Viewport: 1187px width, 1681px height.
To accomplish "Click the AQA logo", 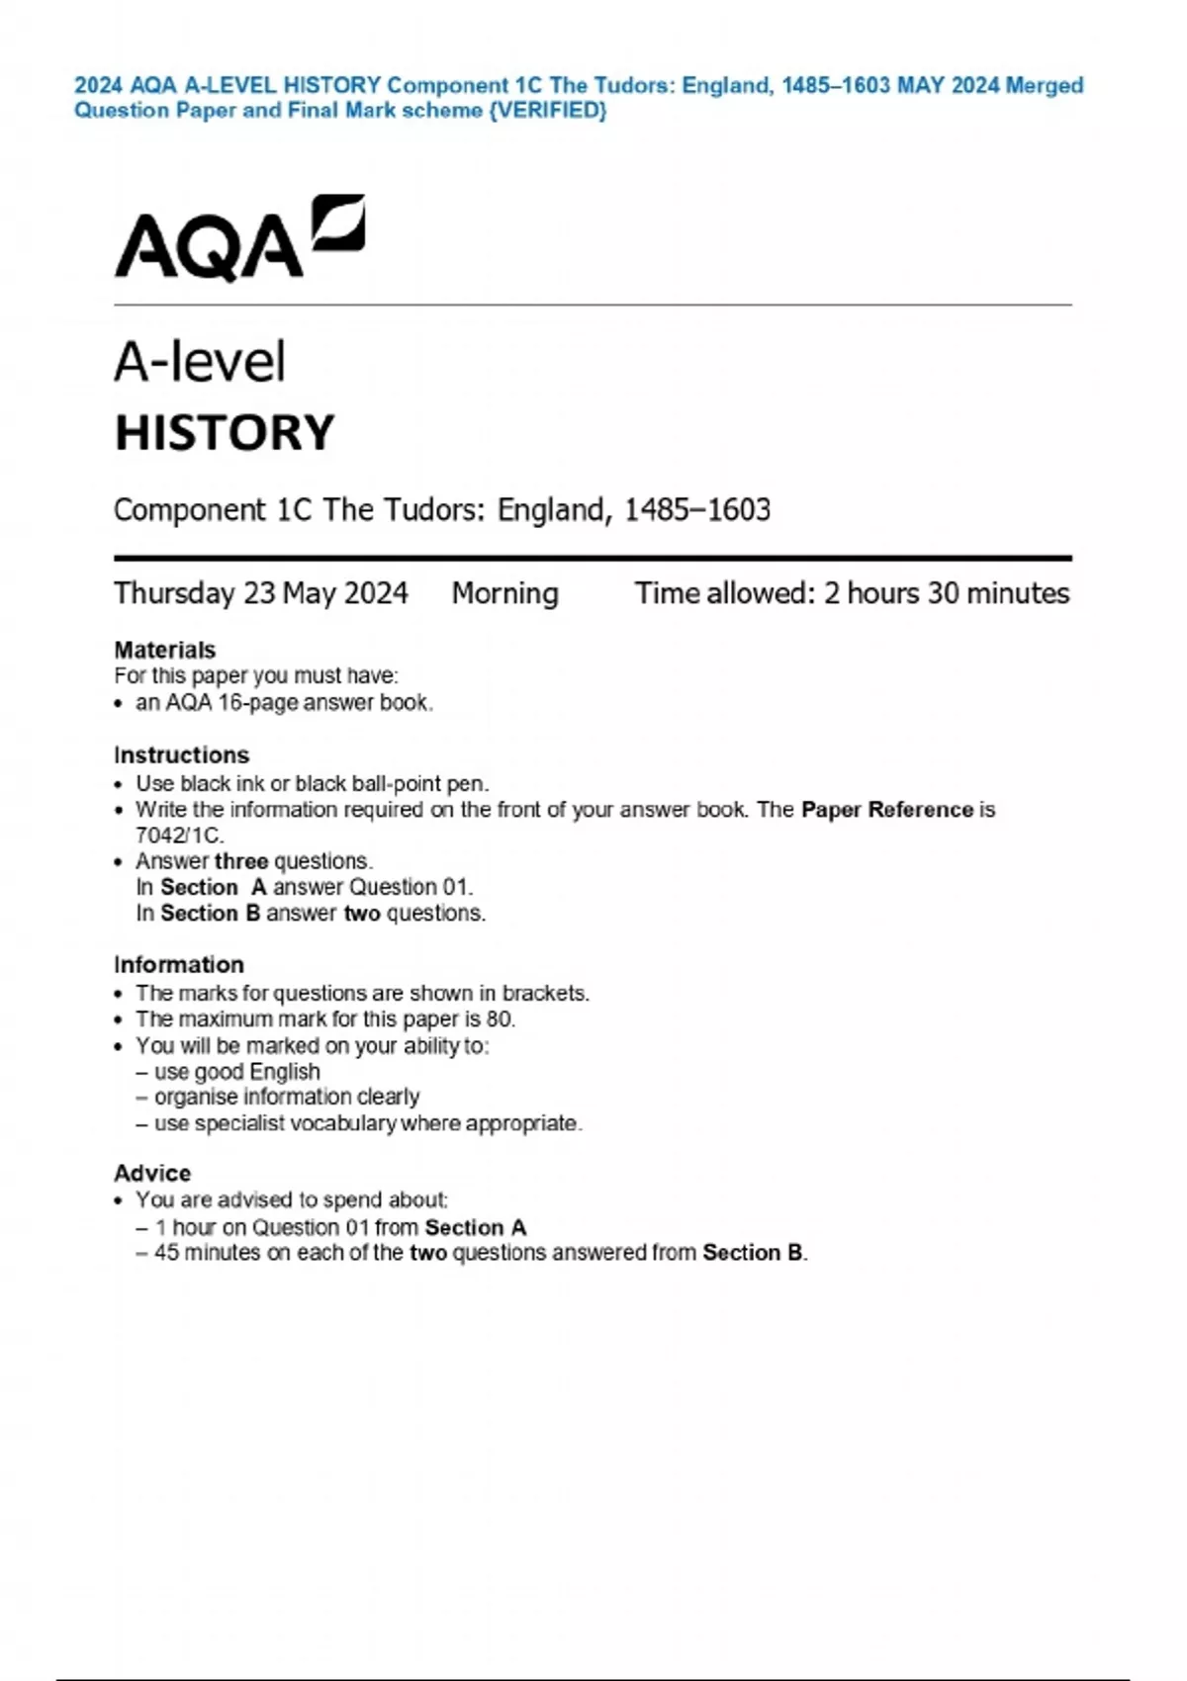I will coord(239,237).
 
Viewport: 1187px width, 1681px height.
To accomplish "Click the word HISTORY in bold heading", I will coord(225,433).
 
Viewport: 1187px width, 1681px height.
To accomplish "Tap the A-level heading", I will coord(200,362).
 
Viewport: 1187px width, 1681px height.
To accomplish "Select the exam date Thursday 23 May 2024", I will coord(260,593).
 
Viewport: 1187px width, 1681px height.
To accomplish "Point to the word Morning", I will coord(504,593).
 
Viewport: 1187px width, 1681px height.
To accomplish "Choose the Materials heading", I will coord(164,650).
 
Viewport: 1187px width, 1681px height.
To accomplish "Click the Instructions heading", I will coord(181,755).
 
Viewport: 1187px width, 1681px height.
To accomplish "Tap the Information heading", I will coord(178,965).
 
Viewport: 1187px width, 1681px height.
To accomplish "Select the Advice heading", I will coord(151,1174).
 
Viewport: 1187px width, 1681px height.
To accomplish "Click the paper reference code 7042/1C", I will coord(179,836).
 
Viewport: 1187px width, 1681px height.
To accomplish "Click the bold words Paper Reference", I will coord(887,810).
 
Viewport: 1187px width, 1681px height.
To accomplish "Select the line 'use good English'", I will coord(236,1072).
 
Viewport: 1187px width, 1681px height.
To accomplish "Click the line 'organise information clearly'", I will coord(287,1098).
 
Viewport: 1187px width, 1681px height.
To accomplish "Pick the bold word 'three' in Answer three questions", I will coord(240,861).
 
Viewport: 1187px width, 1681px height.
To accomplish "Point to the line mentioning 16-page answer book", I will coord(284,703).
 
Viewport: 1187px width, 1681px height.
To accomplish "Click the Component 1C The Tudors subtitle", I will coord(441,510).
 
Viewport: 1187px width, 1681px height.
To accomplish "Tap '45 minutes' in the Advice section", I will coord(207,1253).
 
